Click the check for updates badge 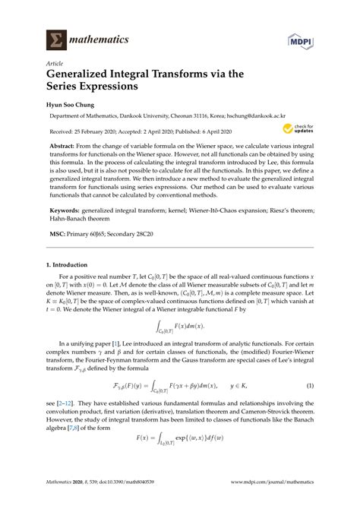pos(298,129)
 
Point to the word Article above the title pos(55,64)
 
